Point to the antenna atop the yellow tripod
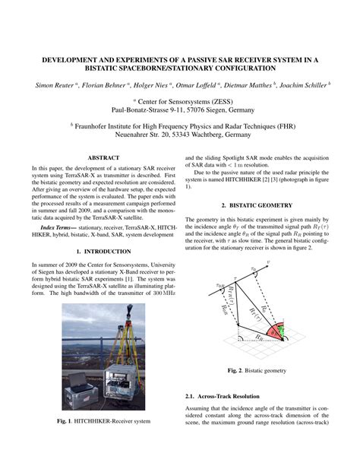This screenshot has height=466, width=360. pos(129,314)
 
